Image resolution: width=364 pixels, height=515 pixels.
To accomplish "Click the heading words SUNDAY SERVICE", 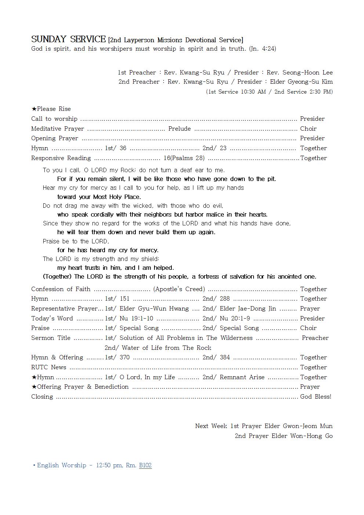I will click(x=68, y=39).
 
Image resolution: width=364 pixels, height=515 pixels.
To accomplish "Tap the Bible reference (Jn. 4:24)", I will click(x=262, y=48).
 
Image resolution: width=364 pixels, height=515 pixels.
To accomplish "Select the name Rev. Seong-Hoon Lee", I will click(x=299, y=72).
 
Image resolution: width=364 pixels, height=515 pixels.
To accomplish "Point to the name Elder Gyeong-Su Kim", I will click(x=301, y=81).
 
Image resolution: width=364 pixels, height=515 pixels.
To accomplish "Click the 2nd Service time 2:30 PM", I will click(x=321, y=91).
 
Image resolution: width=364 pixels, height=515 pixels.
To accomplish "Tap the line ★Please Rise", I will click(x=51, y=109).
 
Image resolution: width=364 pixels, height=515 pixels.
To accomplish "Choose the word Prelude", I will click(x=179, y=128).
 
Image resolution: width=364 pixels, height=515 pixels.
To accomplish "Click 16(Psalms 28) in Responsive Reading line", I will click(x=184, y=158).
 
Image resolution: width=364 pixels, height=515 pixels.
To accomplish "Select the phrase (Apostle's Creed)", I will click(x=179, y=289).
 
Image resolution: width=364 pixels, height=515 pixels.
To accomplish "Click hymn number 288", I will click(x=225, y=298).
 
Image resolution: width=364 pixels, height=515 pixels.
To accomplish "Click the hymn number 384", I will click(x=225, y=357).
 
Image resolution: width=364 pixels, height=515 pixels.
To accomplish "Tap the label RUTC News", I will click(x=49, y=367).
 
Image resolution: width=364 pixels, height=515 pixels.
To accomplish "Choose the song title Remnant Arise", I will click(x=242, y=377).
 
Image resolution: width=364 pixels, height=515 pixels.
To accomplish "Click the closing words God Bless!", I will click(x=316, y=396).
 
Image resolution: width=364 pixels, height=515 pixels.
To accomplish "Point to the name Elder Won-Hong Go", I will click(x=302, y=436).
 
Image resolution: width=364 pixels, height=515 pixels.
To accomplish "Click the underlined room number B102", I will click(x=145, y=465).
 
